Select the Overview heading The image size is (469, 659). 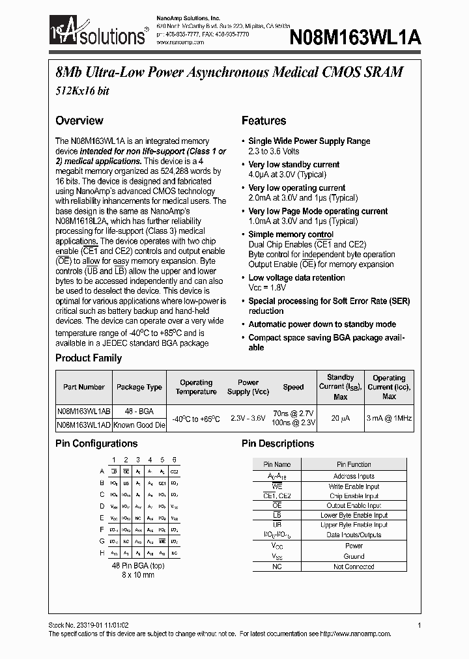[x=79, y=120]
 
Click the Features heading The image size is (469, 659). [x=264, y=120]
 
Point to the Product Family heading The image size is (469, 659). [x=89, y=358]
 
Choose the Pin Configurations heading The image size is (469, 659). [x=96, y=443]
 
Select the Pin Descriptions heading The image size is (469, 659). [x=277, y=443]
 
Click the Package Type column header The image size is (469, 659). [x=139, y=387]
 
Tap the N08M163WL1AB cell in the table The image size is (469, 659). [x=83, y=412]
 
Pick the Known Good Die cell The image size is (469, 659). [x=139, y=425]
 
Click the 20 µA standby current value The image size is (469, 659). [x=340, y=418]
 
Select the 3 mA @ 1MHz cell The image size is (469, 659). [x=389, y=418]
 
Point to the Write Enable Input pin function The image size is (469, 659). [x=354, y=486]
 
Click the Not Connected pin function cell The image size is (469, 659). [x=354, y=567]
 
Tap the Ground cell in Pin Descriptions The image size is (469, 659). [x=354, y=557]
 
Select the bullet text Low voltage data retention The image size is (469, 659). [x=296, y=277]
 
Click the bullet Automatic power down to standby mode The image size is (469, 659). [x=322, y=324]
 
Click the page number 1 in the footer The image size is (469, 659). [x=419, y=625]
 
